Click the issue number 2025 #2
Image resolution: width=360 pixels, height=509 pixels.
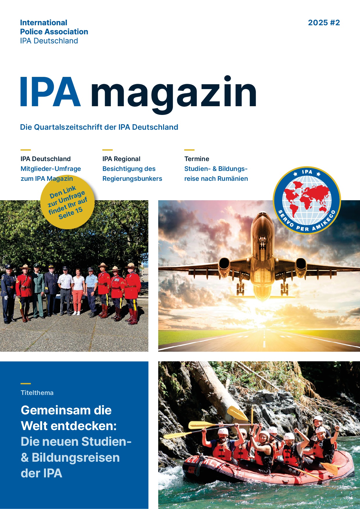click(324, 23)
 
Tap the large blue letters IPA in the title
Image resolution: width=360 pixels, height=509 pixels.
click(50, 92)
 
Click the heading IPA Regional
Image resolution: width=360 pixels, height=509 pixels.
click(121, 159)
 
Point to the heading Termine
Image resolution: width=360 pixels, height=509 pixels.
click(197, 159)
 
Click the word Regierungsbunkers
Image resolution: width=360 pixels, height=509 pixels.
click(132, 178)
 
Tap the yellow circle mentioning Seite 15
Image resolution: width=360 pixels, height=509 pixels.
click(68, 202)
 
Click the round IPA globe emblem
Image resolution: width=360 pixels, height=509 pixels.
click(307, 200)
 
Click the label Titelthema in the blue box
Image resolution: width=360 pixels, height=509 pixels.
click(37, 393)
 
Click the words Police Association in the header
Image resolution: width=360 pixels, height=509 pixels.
click(54, 32)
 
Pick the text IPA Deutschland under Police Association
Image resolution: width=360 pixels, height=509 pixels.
click(49, 41)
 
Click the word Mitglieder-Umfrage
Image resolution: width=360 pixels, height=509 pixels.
click(51, 169)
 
